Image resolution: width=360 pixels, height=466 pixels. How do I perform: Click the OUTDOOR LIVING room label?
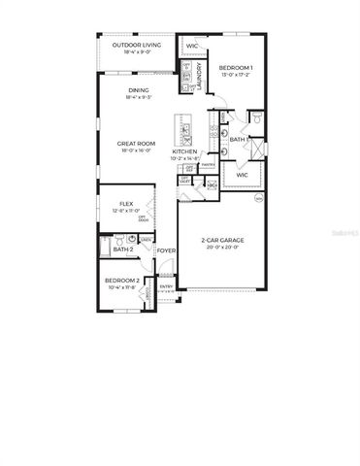[x=135, y=46]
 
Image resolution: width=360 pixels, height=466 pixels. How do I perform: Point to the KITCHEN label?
[x=185, y=152]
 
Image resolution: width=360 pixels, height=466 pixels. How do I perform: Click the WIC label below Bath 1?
[x=242, y=176]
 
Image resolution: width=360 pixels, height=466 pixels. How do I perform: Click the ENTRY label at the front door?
[x=166, y=286]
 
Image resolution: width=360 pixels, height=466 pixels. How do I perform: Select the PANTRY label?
[x=208, y=165]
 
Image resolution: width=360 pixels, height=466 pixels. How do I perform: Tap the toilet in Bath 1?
[x=257, y=118]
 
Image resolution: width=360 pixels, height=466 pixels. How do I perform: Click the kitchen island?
[x=181, y=130]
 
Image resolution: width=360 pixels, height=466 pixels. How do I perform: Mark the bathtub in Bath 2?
[x=105, y=249]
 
